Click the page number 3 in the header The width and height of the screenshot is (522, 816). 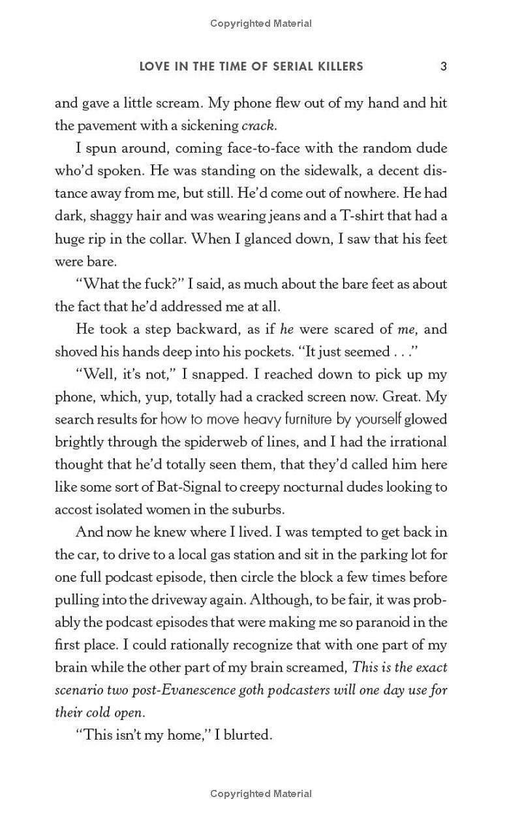pyautogui.click(x=443, y=66)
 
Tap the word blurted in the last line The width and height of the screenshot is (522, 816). pyautogui.click(x=248, y=735)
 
